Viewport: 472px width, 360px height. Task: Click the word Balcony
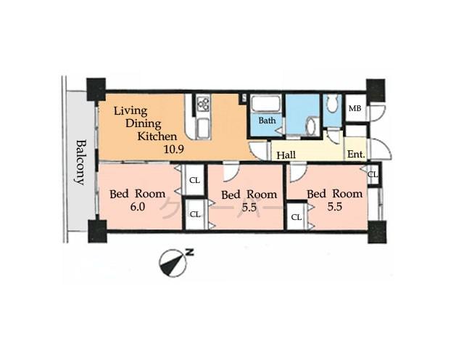point(79,161)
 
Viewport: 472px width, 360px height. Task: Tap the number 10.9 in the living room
point(173,150)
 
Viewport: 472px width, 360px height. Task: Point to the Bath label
point(268,120)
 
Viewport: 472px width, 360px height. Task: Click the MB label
point(355,109)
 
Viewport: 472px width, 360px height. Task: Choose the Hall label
point(286,154)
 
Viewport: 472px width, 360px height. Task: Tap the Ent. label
point(355,154)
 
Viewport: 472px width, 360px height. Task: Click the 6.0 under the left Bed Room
point(138,206)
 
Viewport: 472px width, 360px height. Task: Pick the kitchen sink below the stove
point(202,129)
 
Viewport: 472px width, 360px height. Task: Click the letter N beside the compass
point(190,252)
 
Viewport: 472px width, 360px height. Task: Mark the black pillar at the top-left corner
point(96,89)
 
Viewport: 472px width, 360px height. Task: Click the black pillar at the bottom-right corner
point(375,232)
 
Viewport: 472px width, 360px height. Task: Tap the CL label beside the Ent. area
point(373,174)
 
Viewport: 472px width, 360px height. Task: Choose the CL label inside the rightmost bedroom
point(297,217)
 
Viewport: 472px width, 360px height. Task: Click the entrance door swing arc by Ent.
point(384,150)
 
